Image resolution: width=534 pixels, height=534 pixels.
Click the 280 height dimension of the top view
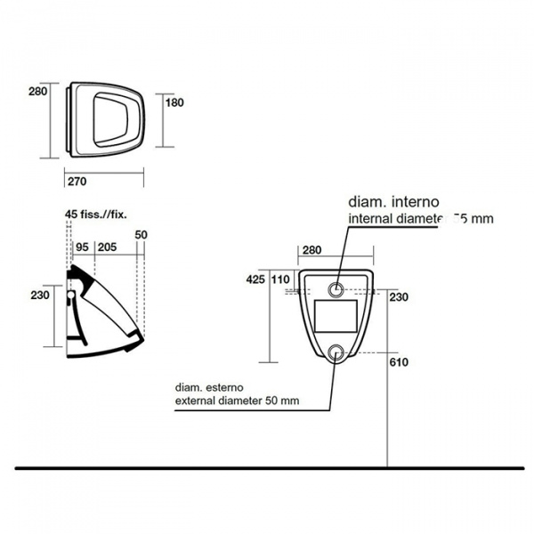tap(36, 91)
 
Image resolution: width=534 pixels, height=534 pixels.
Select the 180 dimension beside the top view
tap(174, 102)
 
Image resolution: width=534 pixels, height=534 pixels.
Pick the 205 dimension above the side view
tap(107, 247)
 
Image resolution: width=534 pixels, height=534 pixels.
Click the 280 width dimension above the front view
tap(313, 249)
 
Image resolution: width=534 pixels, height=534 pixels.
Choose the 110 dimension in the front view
tap(280, 278)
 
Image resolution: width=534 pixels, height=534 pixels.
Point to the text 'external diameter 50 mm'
tap(237, 401)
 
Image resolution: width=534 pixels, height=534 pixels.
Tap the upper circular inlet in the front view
tap(337, 289)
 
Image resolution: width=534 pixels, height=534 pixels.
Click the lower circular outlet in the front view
tap(337, 352)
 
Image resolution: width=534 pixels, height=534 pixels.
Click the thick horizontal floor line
tap(267, 467)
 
